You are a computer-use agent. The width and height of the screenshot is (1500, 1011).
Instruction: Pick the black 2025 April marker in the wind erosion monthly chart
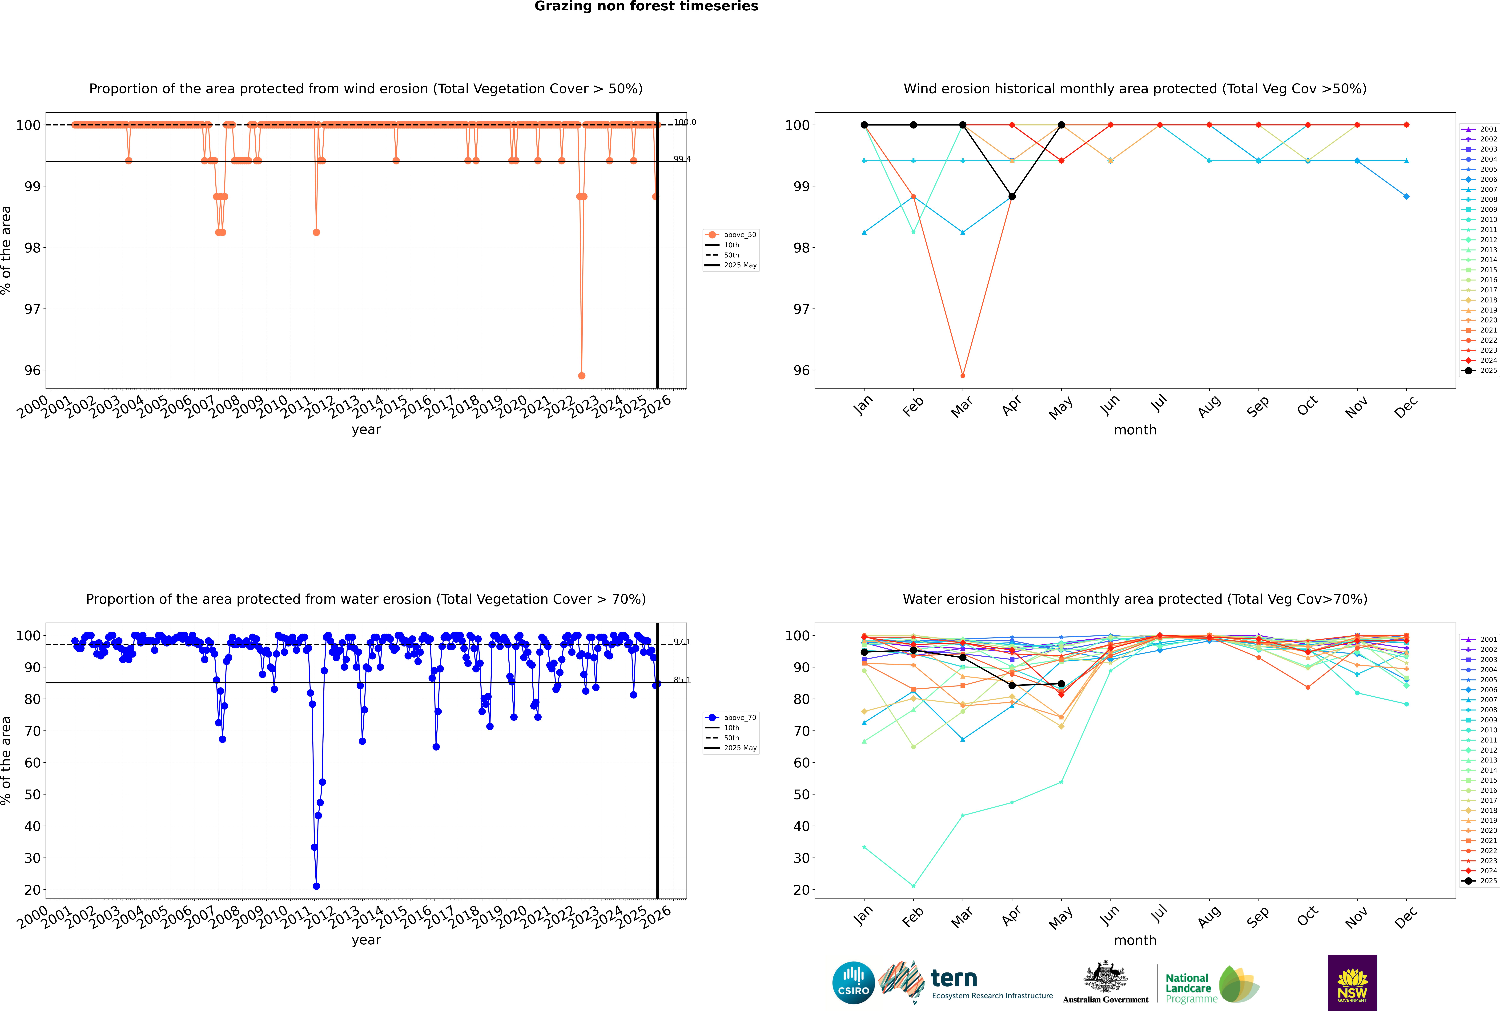point(1012,197)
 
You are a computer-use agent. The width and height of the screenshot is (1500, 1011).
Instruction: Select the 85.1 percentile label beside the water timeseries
point(682,680)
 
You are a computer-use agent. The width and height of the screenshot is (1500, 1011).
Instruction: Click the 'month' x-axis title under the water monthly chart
point(1135,940)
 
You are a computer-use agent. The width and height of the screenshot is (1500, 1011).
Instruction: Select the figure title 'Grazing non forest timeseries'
point(646,6)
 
